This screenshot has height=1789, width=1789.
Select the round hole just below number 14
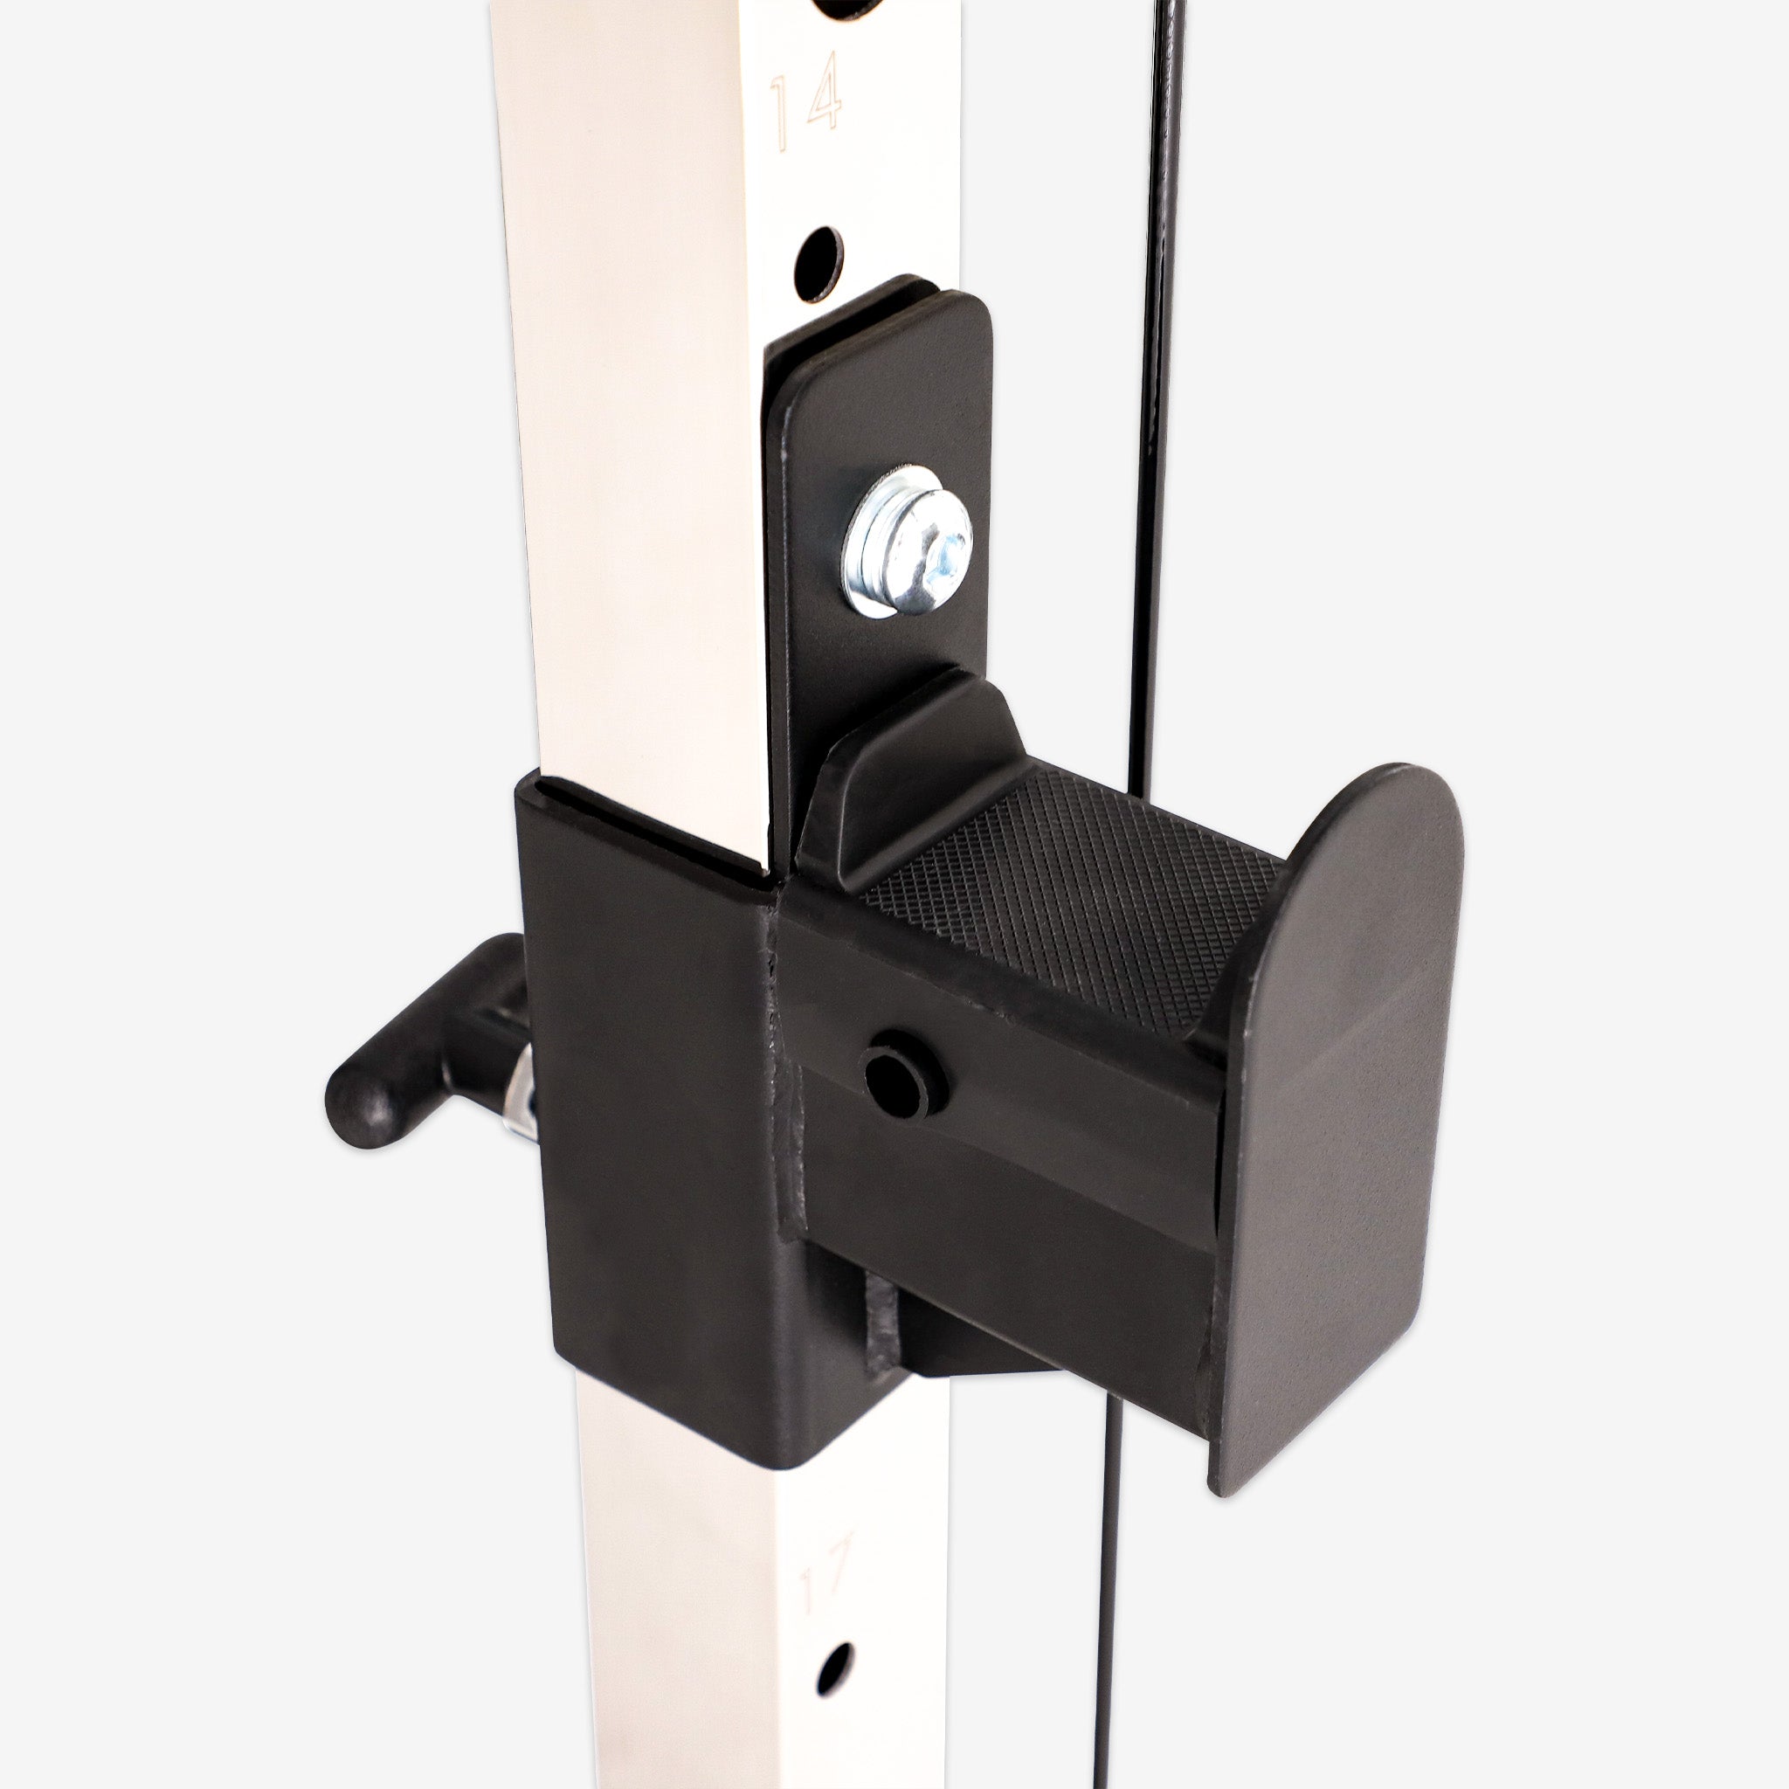point(818,262)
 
